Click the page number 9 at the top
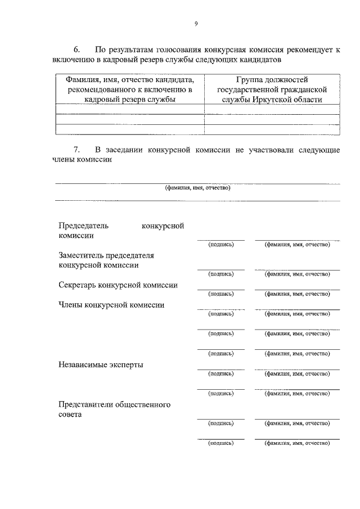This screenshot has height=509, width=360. tap(196, 23)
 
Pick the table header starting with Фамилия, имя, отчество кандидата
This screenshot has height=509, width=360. tap(129, 89)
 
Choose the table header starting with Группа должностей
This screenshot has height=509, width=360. tap(272, 89)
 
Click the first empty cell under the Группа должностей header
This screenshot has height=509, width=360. tap(272, 109)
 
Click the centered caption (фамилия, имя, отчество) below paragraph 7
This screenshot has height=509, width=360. tap(197, 188)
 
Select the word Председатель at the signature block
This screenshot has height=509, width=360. tap(84, 226)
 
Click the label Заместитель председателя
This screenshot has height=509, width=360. tap(106, 255)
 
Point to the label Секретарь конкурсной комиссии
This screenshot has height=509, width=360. tap(118, 285)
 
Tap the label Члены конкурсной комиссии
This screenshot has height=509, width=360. tap(111, 305)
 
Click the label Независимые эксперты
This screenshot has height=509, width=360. tap(101, 364)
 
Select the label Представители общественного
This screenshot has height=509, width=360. tap(115, 404)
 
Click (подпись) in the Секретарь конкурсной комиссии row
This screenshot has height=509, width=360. tap(220, 294)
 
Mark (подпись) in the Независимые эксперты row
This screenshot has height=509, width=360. tap(220, 373)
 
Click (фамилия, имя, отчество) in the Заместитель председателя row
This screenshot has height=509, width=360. tap(297, 274)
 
